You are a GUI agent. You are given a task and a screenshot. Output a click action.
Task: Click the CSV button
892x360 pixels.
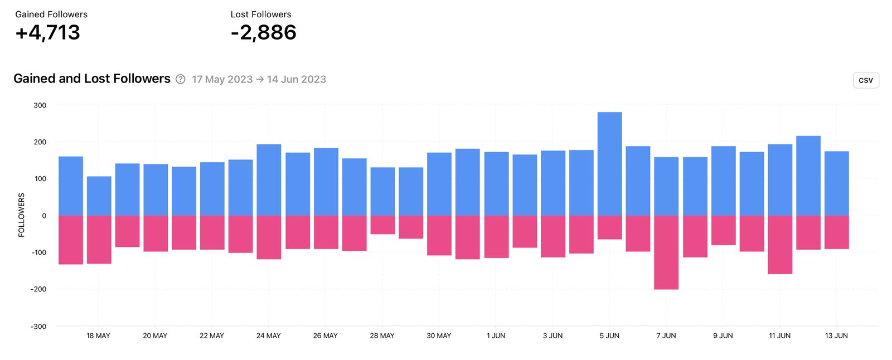865,80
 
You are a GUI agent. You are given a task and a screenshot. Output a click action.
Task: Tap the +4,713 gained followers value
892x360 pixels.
48,33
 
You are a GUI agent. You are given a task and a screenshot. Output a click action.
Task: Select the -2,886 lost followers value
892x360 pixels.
263,33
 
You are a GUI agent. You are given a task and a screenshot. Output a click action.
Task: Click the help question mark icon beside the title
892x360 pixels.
180,79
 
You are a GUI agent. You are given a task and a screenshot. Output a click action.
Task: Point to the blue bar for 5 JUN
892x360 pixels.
609,164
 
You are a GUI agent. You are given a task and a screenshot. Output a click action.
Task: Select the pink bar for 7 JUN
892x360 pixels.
666,252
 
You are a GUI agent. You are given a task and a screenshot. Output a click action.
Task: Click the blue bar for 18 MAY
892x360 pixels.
99,196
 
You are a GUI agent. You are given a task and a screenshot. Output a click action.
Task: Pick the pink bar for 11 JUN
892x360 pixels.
779,245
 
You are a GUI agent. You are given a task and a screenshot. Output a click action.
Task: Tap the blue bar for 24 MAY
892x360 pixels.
269,179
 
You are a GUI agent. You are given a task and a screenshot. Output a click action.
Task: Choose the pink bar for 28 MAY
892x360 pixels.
382,225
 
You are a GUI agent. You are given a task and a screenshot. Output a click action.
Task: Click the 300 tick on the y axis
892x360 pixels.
40,105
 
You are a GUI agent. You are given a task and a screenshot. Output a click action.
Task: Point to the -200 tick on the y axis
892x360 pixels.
38,289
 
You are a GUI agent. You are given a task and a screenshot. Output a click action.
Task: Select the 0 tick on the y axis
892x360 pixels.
44,216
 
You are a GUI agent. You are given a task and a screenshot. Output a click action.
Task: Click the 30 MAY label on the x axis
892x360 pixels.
439,335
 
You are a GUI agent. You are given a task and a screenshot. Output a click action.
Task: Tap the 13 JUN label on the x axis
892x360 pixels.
836,335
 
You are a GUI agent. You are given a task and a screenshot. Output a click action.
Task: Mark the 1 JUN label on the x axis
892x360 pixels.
496,335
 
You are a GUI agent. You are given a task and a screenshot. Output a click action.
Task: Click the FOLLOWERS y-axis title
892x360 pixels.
22,215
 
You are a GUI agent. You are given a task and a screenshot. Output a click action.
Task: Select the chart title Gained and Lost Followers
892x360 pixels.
92,79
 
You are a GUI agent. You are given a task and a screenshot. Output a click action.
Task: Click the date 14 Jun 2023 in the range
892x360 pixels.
296,79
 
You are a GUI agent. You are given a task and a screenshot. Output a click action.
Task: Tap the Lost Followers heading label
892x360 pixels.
260,14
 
